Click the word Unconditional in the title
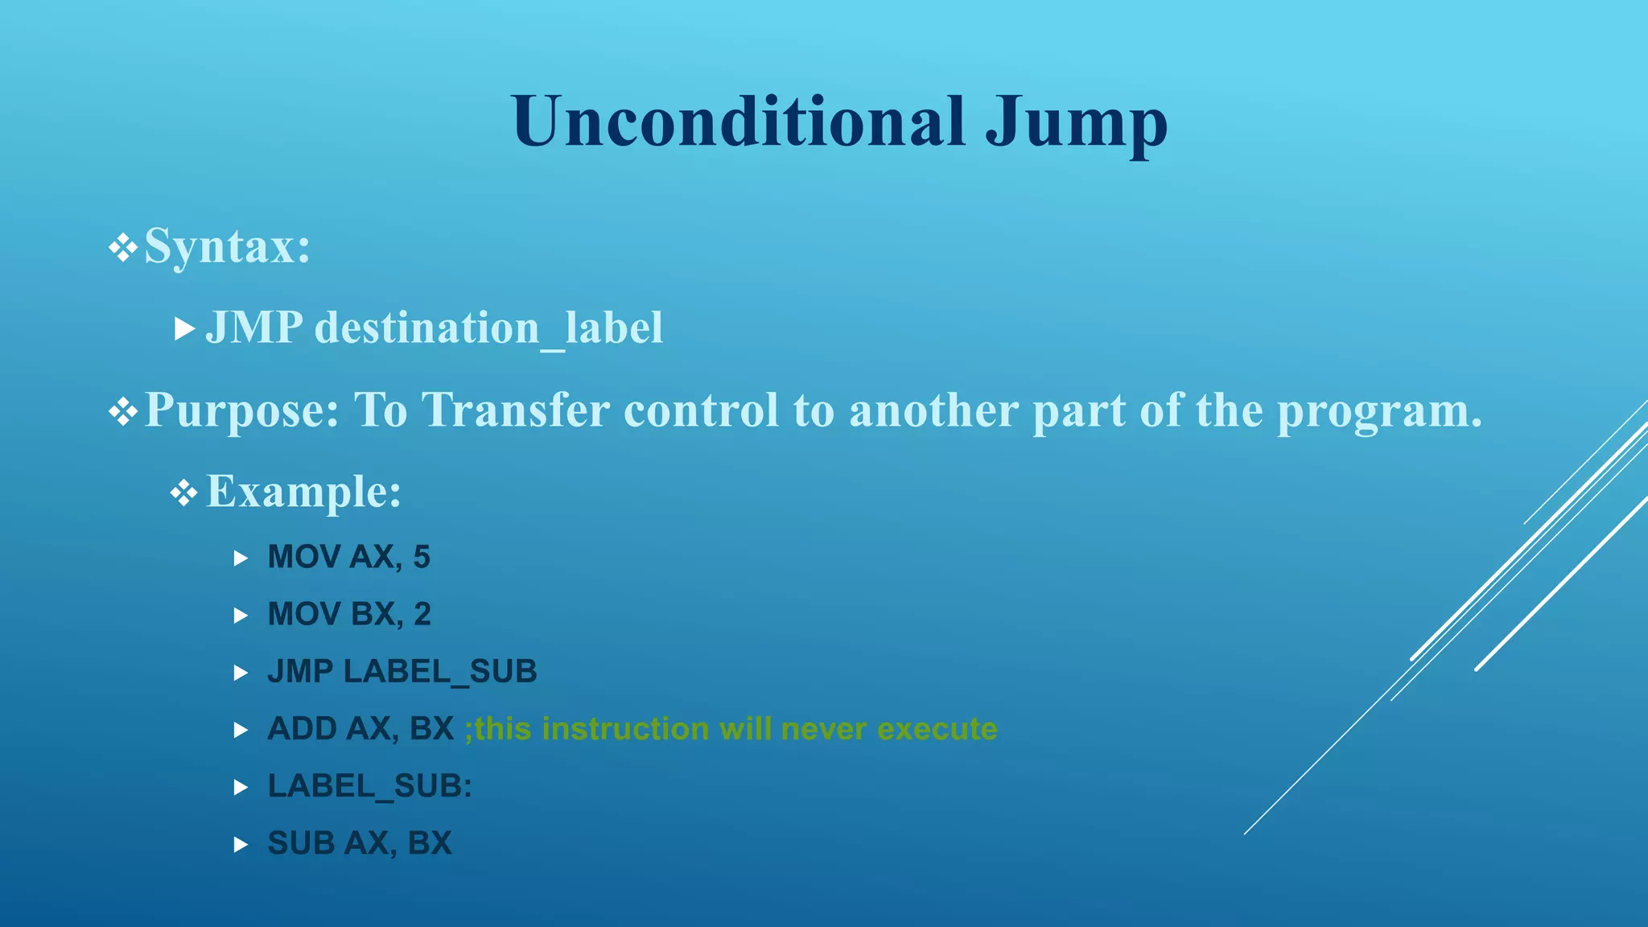[738, 122]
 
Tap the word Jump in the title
[1077, 125]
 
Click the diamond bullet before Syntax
[123, 248]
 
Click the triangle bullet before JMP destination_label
[185, 329]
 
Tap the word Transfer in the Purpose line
[516, 410]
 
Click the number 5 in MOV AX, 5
[422, 557]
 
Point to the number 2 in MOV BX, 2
[422, 614]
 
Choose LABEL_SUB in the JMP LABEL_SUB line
[440, 672]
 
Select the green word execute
[937, 729]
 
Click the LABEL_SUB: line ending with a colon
[369, 786]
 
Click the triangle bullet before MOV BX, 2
[241, 616]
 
